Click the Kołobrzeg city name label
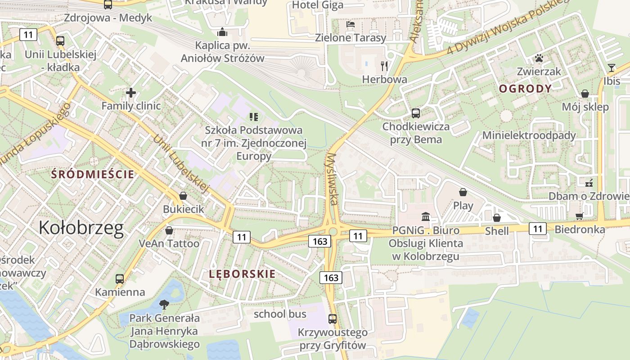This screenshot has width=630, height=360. click(x=81, y=228)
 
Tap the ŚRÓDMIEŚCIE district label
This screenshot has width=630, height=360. click(x=93, y=174)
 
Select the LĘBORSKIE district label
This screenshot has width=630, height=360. click(x=242, y=274)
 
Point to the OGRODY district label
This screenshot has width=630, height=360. click(x=525, y=89)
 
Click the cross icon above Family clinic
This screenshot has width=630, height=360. click(x=131, y=93)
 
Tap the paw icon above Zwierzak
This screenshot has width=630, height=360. click(x=539, y=58)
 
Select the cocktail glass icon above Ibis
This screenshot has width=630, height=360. click(x=611, y=68)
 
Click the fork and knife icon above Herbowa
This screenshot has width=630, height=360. click(x=384, y=66)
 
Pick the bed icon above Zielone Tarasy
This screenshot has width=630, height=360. click(x=351, y=24)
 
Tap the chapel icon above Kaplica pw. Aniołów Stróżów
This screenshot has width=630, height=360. click(x=222, y=32)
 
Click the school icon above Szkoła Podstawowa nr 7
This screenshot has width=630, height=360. click(x=253, y=117)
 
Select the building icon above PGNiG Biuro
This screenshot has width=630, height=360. click(x=426, y=217)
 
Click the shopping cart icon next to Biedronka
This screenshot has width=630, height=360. click(x=580, y=216)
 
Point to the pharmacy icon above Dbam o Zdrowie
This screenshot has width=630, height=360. click(x=589, y=183)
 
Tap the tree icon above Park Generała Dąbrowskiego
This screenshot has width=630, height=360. click(x=164, y=304)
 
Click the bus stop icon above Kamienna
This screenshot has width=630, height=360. click(x=119, y=279)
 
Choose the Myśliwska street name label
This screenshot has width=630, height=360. click(x=332, y=179)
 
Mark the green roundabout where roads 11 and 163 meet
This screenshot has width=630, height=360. click(x=333, y=231)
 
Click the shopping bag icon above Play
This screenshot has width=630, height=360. click(x=463, y=192)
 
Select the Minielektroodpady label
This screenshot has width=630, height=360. click(x=529, y=135)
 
